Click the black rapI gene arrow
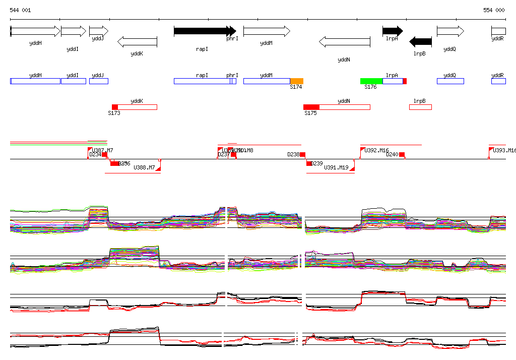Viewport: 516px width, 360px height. tap(202, 31)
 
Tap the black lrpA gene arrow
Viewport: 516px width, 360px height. tap(393, 31)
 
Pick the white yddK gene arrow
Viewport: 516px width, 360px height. tap(137, 41)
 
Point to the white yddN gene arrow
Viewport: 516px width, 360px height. tap(345, 41)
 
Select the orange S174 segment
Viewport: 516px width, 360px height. tap(296, 81)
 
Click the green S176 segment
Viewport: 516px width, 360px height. tap(371, 81)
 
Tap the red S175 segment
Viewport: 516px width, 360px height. tap(311, 107)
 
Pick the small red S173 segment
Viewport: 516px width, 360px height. tap(115, 107)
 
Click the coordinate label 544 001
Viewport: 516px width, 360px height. tap(20, 10)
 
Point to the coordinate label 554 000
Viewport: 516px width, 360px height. tap(494, 10)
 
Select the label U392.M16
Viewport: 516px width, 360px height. tap(377, 150)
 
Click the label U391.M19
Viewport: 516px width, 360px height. tap(336, 167)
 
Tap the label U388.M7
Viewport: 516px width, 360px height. tap(144, 167)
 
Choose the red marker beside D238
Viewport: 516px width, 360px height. tap(303, 155)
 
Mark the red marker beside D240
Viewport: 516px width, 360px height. tap(402, 155)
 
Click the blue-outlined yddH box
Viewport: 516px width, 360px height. tap(35, 81)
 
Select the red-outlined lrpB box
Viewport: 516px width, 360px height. tap(420, 107)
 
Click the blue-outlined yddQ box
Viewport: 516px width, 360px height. tap(450, 81)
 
